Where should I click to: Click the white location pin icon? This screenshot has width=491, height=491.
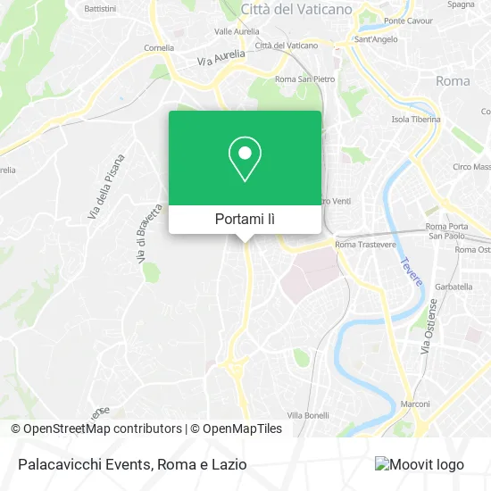point(245,159)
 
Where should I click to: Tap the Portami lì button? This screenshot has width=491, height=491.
point(245,219)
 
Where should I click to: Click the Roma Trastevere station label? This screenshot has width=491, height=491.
point(364,245)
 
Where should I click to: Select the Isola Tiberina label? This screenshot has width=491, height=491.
point(416,120)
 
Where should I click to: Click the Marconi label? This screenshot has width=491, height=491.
point(416,403)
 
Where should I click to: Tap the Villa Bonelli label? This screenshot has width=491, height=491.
point(308,415)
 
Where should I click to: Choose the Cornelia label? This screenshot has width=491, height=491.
point(159,48)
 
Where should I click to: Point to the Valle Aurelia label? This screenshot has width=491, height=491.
point(236,31)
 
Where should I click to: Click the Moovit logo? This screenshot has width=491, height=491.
point(420,464)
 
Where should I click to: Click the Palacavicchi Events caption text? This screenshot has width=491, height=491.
point(130,464)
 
